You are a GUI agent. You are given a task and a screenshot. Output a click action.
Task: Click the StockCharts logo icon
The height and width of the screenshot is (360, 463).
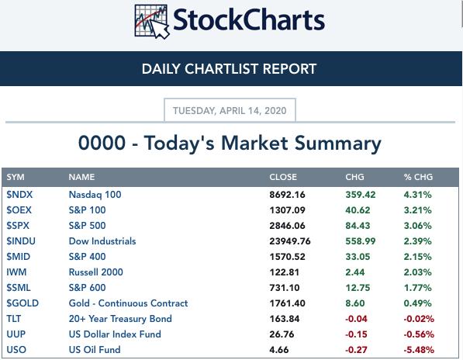coord(152,22)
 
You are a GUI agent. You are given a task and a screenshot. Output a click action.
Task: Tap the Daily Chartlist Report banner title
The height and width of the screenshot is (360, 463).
coord(229,69)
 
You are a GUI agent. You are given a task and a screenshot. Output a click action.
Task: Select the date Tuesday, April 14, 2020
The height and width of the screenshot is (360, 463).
coord(230,111)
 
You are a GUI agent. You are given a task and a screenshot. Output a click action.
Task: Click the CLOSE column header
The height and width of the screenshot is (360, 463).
coord(283,177)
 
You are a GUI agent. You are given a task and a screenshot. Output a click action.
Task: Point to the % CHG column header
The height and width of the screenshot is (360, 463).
coord(418,177)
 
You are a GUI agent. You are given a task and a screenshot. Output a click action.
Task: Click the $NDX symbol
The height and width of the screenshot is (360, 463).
coord(19,195)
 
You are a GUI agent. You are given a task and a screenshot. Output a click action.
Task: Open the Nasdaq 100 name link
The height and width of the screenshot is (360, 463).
coord(95,195)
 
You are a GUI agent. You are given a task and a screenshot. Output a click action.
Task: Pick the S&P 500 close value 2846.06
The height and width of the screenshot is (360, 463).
coord(287,226)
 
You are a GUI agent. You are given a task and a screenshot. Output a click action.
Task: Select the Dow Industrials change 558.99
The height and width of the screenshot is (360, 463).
coord(361,241)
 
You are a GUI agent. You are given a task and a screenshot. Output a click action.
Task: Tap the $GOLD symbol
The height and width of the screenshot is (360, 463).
coord(22,303)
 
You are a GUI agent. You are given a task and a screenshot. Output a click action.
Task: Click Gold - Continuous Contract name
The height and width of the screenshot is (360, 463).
coord(128,303)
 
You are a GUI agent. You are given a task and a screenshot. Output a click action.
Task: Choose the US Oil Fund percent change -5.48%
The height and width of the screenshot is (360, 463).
coord(419,350)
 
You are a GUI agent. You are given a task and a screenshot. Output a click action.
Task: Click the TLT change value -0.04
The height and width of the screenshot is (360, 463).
coord(357,319)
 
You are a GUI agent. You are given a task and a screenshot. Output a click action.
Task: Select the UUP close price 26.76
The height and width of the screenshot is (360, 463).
coord(282,334)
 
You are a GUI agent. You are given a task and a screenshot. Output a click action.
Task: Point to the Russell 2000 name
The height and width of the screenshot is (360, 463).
coord(95,272)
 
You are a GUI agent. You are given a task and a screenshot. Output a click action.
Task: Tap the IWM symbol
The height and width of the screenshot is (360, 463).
coord(16,272)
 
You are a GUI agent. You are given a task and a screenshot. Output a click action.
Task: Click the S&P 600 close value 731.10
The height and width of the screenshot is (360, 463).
coord(285,288)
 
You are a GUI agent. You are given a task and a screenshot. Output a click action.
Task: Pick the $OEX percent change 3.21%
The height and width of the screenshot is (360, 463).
coord(417,210)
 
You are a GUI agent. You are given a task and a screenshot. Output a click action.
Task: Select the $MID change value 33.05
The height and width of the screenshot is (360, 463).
coord(358,257)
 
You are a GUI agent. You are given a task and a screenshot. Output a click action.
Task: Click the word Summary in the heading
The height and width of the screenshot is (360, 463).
coord(338,144)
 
